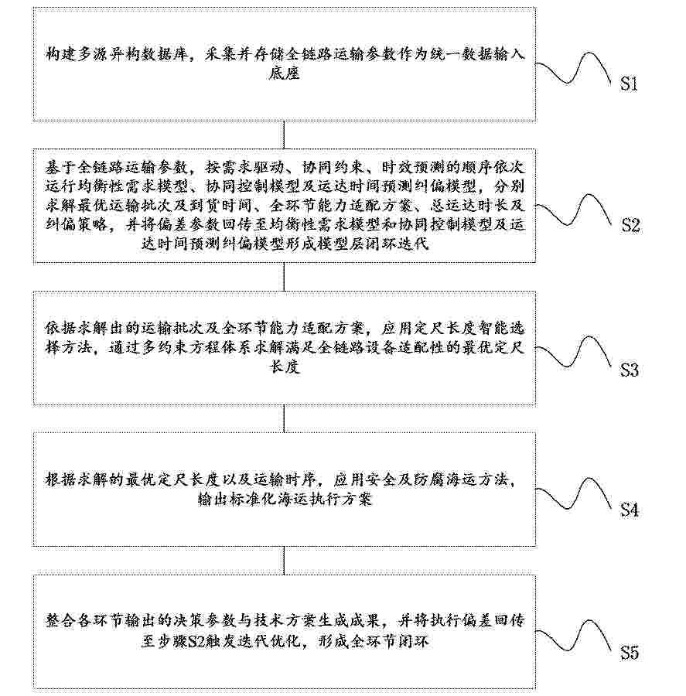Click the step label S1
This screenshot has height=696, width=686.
629,84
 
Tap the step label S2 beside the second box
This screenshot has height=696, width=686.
630,226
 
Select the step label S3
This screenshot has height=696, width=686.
630,370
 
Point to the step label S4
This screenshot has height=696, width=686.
630,510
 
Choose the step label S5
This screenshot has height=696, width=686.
630,653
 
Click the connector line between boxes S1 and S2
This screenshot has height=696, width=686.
284,135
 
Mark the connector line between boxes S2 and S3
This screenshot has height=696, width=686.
284,277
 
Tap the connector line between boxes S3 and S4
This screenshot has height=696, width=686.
284,418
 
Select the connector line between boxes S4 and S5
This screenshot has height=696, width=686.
284,561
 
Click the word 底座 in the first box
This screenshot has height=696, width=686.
284,73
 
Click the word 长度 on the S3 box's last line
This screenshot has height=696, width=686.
284,367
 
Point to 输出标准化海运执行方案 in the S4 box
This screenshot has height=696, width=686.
284,500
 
